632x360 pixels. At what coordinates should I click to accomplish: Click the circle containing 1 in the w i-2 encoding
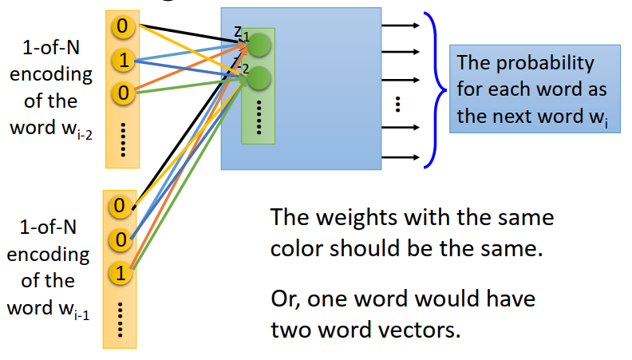pyautogui.click(x=122, y=60)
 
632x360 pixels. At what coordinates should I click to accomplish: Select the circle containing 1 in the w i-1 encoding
pyautogui.click(x=120, y=275)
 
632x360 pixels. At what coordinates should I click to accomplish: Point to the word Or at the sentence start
pyautogui.click(x=284, y=300)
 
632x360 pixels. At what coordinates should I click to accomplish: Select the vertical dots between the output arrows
pyautogui.click(x=397, y=103)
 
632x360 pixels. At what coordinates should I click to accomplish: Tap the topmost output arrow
pyautogui.click(x=401, y=25)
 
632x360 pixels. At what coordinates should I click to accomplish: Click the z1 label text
pyautogui.click(x=241, y=33)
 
